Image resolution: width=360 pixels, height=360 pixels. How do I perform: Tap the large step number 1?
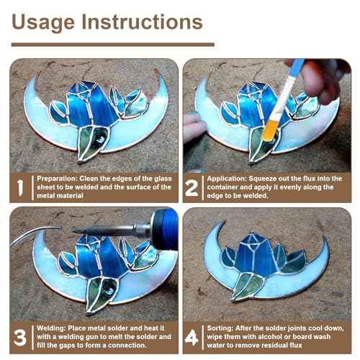point(20,189)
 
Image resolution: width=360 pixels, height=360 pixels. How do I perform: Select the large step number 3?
point(20,336)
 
